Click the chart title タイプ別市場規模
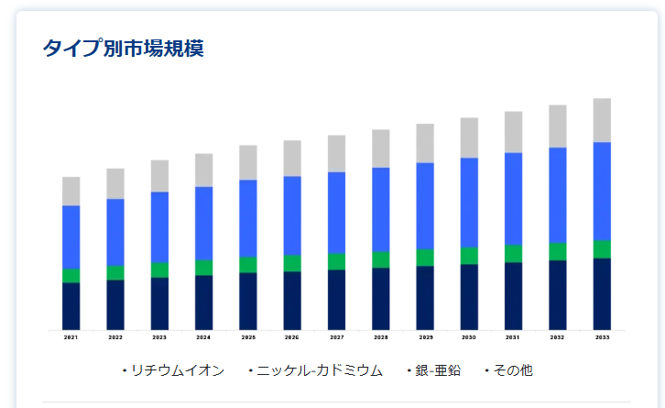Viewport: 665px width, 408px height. tap(123, 49)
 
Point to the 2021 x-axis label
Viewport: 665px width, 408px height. tap(71, 337)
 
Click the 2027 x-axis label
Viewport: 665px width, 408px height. tap(336, 337)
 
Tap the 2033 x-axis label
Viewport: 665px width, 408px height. tap(602, 337)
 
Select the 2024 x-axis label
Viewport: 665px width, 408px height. tap(203, 337)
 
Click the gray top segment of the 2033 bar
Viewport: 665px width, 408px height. tap(602, 120)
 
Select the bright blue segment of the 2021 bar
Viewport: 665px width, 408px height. tap(71, 237)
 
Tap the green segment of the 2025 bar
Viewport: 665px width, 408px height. tap(248, 264)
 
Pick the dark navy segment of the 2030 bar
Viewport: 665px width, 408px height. tap(469, 296)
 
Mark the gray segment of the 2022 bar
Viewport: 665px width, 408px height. tap(115, 183)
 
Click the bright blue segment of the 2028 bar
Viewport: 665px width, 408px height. tap(380, 209)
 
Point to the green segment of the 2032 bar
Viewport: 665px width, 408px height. tap(558, 251)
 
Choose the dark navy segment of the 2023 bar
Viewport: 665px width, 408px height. tap(159, 303)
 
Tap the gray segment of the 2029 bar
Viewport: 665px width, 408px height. tap(425, 143)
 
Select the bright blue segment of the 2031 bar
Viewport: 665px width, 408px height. tap(513, 199)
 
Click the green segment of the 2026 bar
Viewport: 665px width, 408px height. tap(292, 262)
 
